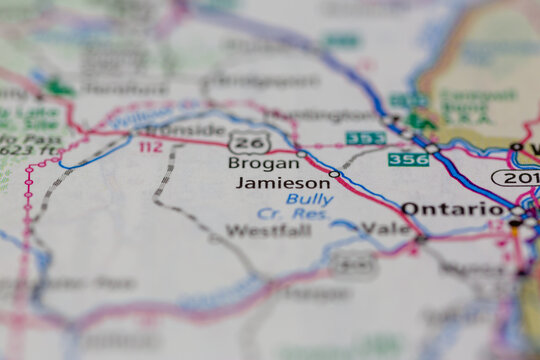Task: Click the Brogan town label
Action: click(x=263, y=163)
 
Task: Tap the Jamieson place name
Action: click(x=283, y=183)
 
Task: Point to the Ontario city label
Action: click(x=453, y=209)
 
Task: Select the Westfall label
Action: click(x=268, y=231)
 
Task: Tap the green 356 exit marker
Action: click(x=408, y=159)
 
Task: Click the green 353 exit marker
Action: click(x=365, y=138)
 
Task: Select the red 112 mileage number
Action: click(x=150, y=147)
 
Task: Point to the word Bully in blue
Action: click(x=309, y=199)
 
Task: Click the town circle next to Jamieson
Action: click(x=334, y=174)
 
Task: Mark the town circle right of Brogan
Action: click(x=301, y=153)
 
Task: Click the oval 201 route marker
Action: click(x=515, y=178)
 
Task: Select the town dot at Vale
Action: click(x=421, y=238)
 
